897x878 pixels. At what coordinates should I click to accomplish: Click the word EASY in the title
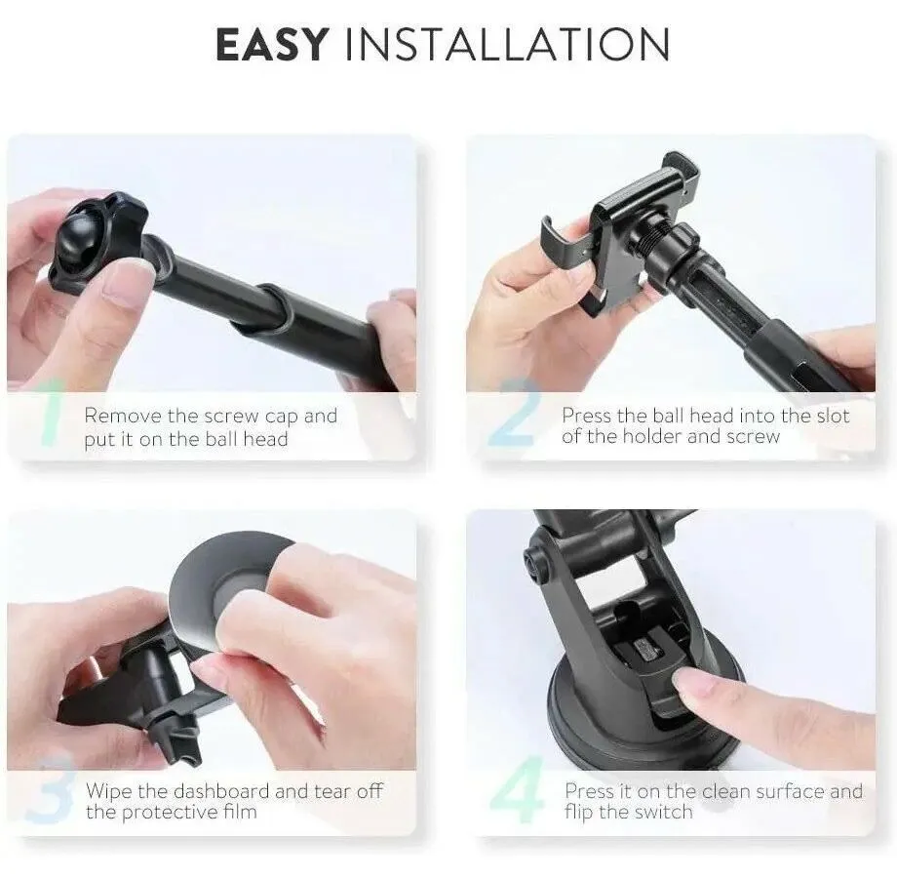click(x=272, y=45)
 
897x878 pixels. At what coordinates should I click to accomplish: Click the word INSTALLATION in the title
click(x=507, y=45)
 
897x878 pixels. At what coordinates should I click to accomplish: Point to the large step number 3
click(x=50, y=788)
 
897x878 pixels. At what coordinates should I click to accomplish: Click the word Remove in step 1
click(x=123, y=416)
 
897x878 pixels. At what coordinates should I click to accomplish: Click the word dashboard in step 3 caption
click(x=220, y=791)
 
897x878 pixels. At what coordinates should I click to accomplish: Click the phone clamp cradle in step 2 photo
click(x=624, y=229)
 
